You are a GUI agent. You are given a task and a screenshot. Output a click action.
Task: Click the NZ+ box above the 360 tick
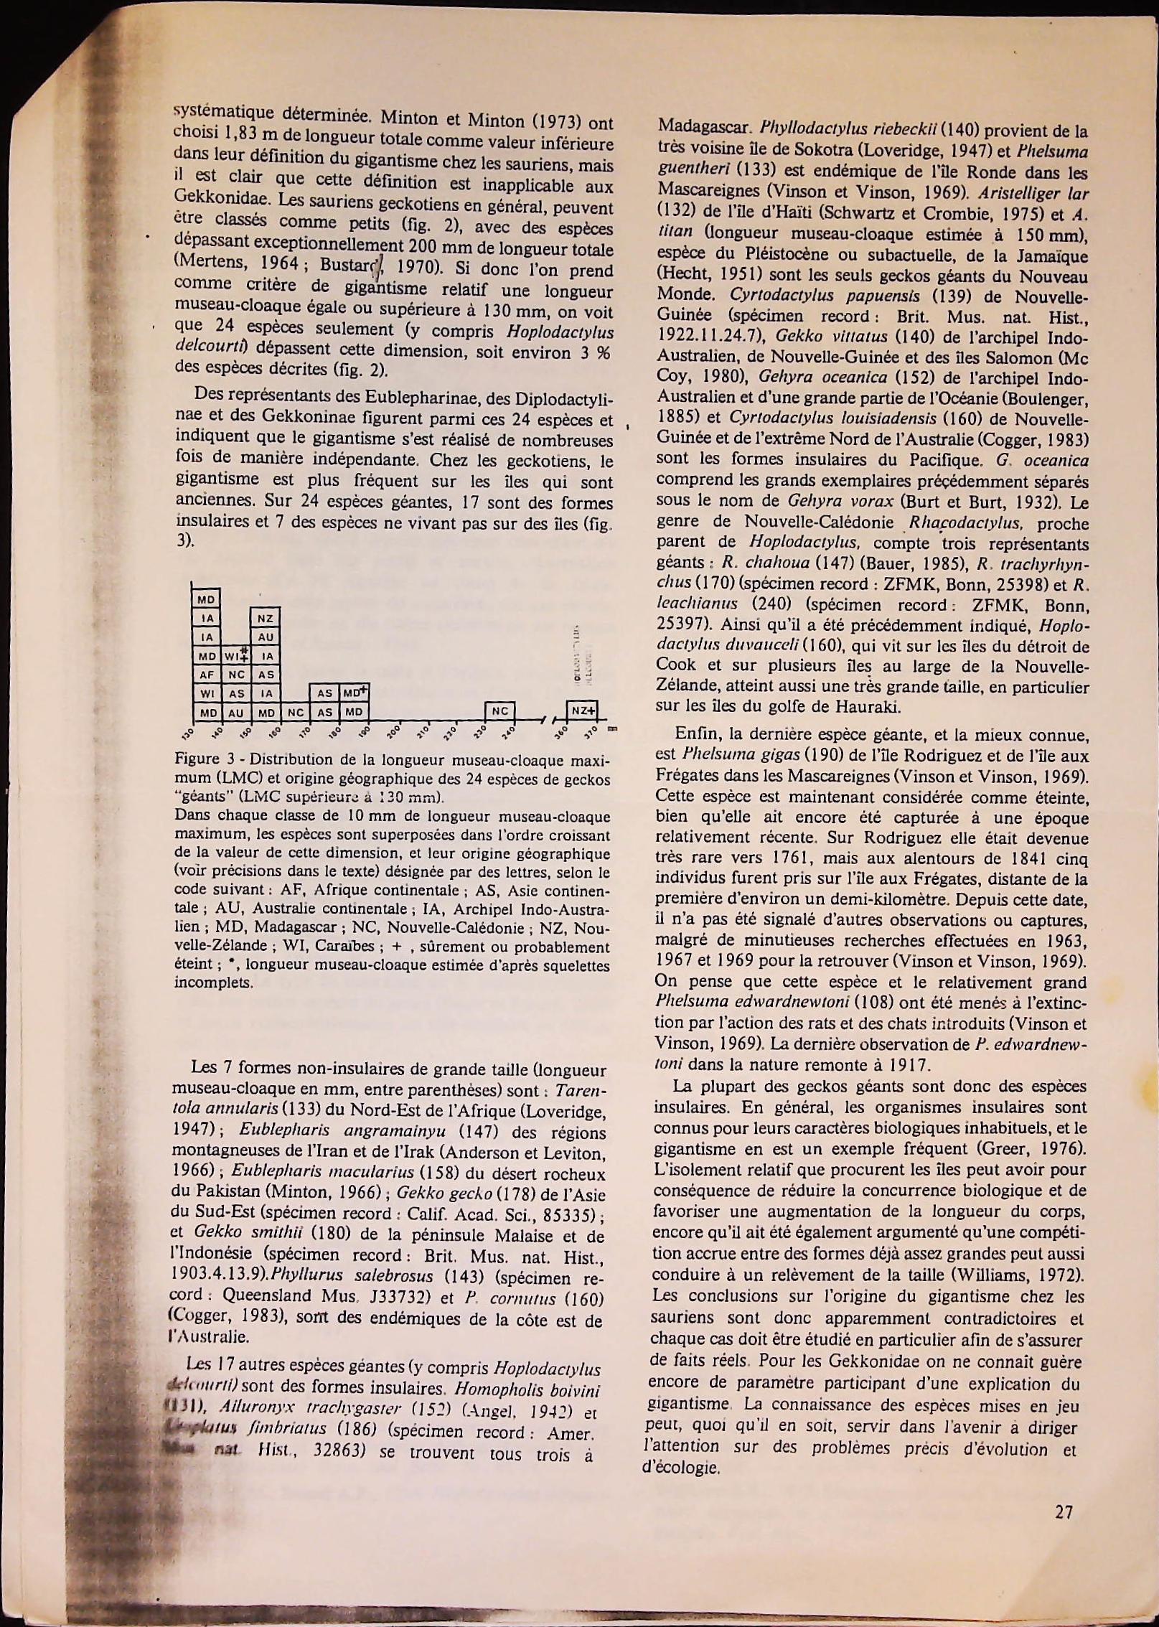point(582,711)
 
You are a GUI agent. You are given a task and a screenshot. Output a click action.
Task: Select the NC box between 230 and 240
point(499,711)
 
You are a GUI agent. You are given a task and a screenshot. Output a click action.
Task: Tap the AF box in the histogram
point(207,675)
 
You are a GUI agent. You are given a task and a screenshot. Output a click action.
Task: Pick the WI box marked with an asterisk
point(235,656)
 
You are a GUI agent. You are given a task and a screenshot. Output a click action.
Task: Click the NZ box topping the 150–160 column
point(266,618)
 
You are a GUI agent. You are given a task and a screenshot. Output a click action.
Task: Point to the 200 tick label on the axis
point(394,733)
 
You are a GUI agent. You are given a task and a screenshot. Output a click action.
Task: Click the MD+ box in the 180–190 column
point(354,693)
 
